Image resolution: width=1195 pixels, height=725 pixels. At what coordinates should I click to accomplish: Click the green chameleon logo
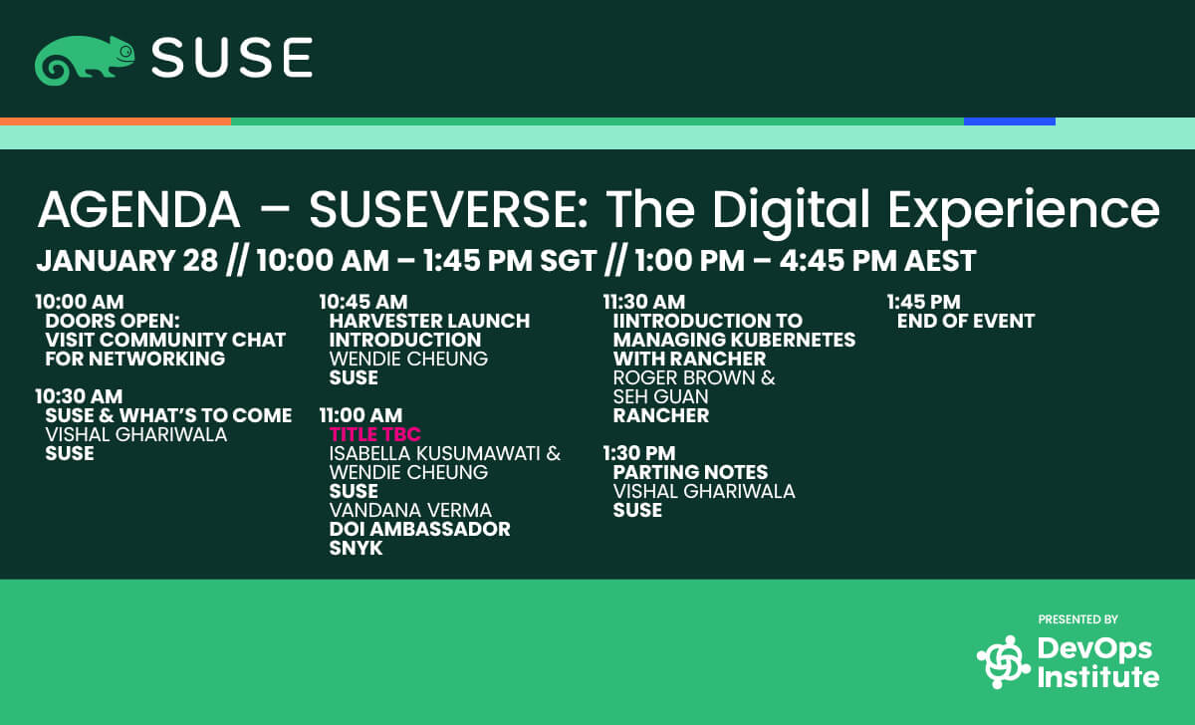(84, 61)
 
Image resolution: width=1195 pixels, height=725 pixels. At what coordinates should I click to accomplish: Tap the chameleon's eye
(125, 52)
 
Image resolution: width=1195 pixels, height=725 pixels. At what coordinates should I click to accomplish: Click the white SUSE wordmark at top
(232, 58)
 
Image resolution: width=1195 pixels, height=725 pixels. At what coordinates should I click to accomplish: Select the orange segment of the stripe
(116, 121)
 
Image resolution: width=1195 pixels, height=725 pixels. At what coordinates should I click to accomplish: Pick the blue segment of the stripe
(1010, 121)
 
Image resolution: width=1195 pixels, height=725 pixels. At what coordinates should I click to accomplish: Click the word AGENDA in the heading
(138, 210)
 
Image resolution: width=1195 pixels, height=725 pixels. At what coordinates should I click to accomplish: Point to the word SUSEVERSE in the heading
(448, 210)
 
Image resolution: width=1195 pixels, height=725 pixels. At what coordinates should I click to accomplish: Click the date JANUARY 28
(127, 260)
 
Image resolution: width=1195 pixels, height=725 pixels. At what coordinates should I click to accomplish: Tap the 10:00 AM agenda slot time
(80, 302)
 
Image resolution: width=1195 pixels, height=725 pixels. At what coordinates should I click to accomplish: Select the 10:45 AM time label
(363, 302)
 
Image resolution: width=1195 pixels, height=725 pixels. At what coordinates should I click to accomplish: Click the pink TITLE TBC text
(375, 434)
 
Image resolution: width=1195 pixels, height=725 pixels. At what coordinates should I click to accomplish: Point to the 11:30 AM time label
(644, 302)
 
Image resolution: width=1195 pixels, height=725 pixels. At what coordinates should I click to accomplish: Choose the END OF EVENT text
(966, 321)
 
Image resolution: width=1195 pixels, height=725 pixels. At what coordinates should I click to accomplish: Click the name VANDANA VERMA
(410, 510)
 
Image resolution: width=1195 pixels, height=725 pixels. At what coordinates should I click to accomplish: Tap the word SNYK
(356, 548)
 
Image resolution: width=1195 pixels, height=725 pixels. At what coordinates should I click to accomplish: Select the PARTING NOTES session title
(690, 472)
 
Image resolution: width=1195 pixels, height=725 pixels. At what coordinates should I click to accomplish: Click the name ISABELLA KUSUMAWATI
(437, 453)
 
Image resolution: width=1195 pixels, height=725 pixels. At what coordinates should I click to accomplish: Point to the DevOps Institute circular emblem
(1004, 661)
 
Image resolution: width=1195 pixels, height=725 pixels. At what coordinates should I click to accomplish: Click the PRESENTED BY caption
(1078, 619)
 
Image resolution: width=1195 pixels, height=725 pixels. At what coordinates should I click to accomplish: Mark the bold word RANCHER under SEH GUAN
(661, 415)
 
